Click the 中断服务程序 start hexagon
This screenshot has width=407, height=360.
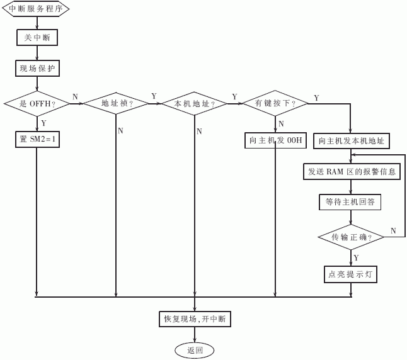[x=36, y=9]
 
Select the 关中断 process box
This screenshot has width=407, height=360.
[x=37, y=38]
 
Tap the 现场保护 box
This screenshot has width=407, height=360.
[x=37, y=69]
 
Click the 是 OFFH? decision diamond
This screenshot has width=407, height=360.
[x=37, y=104]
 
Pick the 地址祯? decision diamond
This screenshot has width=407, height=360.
[x=116, y=103]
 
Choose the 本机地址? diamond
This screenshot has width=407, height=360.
[x=195, y=104]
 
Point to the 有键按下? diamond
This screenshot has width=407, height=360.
[x=275, y=103]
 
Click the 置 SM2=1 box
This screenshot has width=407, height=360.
[x=37, y=140]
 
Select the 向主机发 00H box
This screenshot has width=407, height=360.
[x=275, y=140]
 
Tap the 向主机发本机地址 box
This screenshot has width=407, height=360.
[x=352, y=141]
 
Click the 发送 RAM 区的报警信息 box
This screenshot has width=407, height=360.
[x=352, y=171]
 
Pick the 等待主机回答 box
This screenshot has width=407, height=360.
[x=350, y=202]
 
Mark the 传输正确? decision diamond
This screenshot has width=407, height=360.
[x=351, y=237]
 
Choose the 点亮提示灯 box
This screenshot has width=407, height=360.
[x=350, y=274]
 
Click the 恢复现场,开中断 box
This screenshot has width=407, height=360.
[x=195, y=319]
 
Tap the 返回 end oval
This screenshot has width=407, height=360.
[x=195, y=351]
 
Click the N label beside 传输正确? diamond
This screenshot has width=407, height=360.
[x=393, y=230]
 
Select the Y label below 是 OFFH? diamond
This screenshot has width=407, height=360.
[x=43, y=123]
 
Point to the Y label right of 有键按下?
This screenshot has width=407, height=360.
[x=316, y=98]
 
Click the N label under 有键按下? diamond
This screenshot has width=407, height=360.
[x=281, y=124]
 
